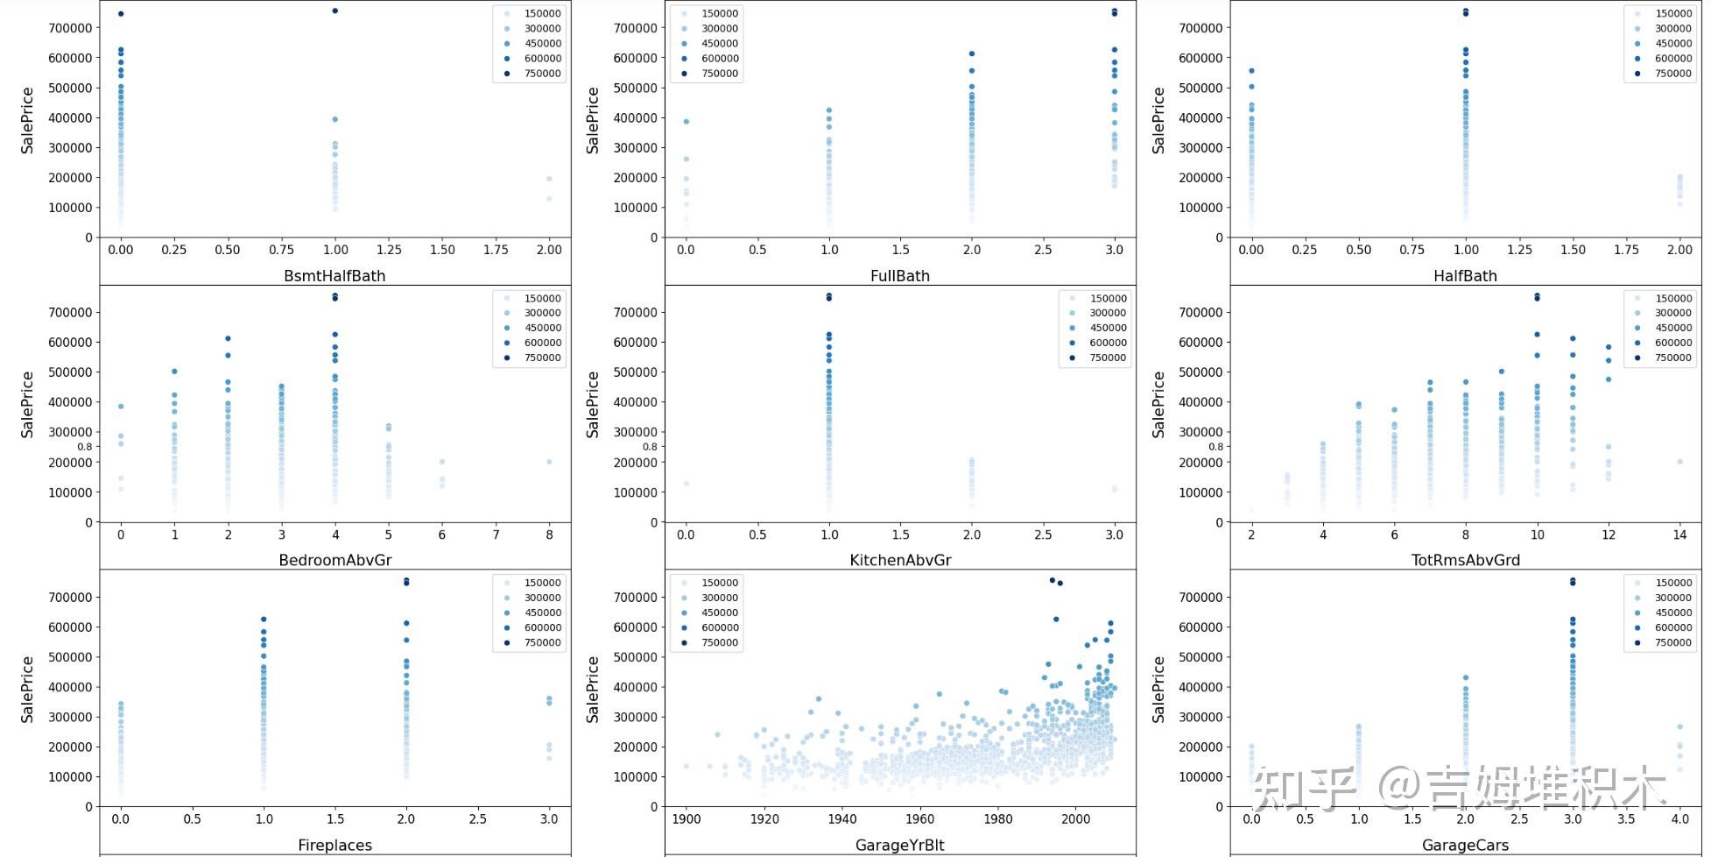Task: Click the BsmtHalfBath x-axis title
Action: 334,275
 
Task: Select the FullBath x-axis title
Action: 900,275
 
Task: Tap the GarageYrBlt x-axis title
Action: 900,845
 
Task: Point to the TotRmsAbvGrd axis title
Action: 1465,560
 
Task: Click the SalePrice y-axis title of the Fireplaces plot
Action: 27,689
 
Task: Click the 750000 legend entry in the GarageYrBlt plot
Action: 719,642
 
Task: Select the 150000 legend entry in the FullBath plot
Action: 719,13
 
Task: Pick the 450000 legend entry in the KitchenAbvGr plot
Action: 1107,328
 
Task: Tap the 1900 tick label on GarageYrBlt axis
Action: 686,819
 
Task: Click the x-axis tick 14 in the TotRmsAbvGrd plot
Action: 1679,535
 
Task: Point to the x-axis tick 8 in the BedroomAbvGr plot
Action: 549,535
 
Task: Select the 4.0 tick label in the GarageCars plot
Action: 1679,819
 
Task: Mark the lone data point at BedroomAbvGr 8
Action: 549,462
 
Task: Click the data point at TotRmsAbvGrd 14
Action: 1679,462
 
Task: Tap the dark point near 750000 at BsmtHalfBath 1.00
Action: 335,11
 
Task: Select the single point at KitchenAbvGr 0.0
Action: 686,483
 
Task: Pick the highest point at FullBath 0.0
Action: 686,121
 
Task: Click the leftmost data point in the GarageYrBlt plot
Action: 686,766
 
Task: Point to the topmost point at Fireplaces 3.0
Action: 549,698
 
